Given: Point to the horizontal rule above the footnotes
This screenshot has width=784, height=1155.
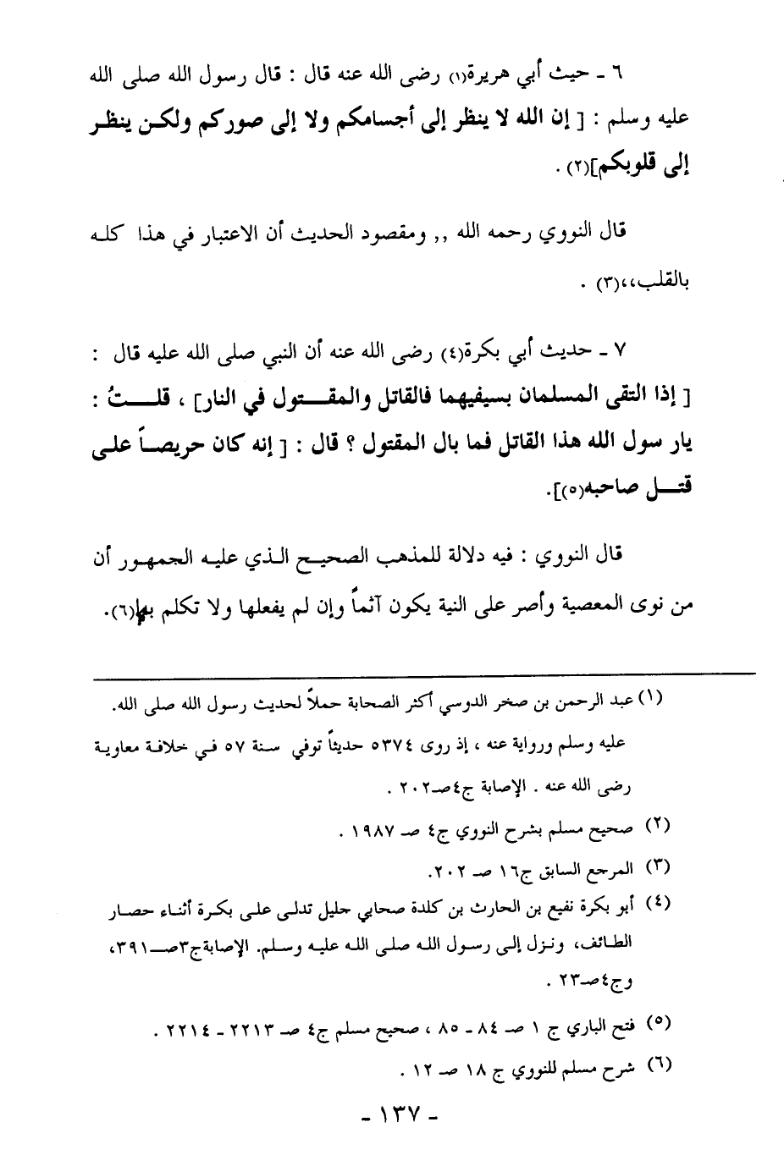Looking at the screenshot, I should (x=424, y=674).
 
